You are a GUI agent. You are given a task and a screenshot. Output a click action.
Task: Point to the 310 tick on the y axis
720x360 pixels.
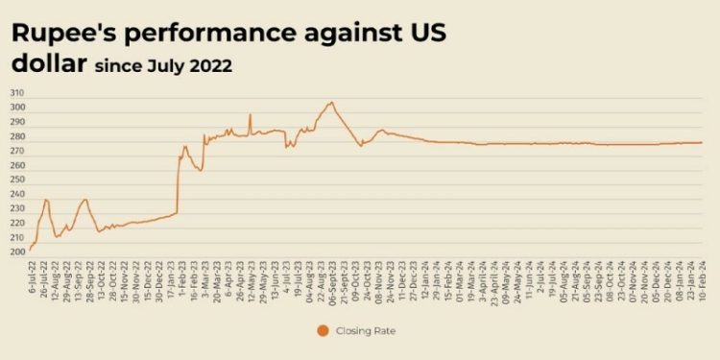(17, 93)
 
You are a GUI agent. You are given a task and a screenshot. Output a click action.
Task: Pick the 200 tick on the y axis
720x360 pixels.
(17, 252)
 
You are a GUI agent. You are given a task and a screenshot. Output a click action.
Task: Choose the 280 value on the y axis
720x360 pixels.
(17, 136)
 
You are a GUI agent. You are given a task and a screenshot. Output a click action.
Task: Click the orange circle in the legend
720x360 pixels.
(323, 331)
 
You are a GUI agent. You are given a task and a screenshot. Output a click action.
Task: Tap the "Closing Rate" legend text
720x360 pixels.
(366, 331)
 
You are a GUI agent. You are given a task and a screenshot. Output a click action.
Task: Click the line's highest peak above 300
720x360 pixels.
(331, 102)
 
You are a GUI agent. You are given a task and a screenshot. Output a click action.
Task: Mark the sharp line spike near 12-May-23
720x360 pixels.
(250, 114)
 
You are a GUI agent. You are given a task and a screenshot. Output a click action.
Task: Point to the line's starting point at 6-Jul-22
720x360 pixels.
(30, 250)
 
